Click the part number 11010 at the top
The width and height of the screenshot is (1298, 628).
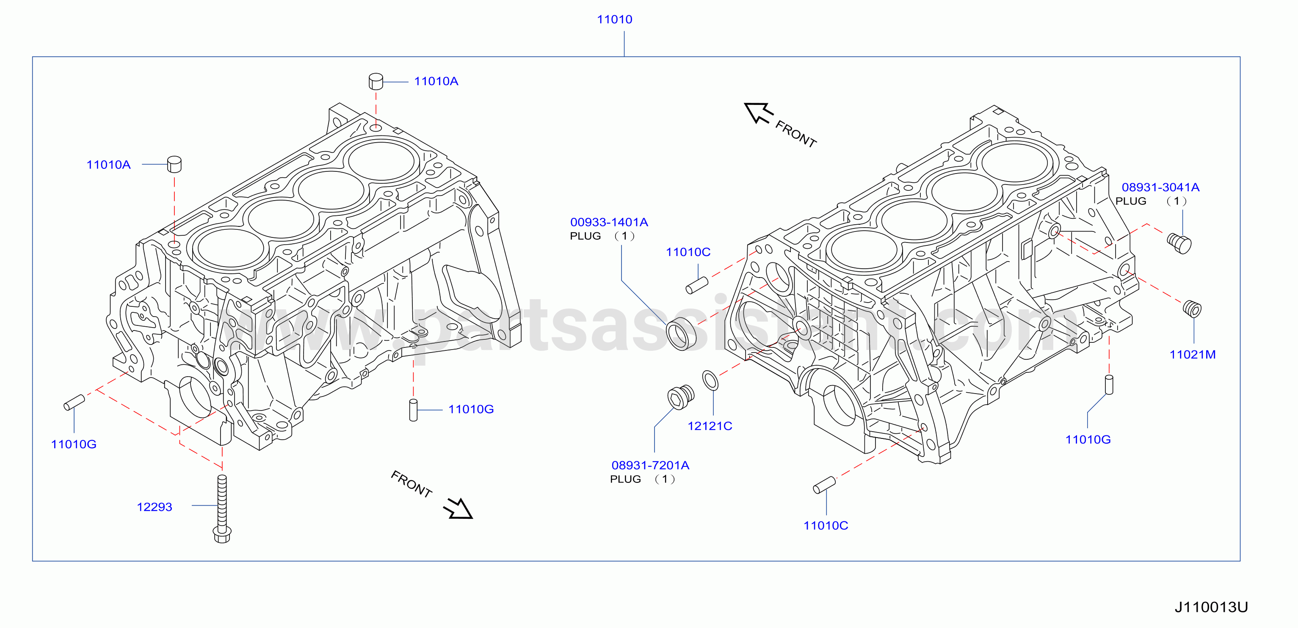(614, 19)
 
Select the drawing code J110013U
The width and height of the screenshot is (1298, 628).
(1211, 607)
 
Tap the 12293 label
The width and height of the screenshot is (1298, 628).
(155, 507)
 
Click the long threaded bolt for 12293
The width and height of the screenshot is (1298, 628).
(222, 509)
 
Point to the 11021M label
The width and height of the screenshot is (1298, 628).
(1192, 355)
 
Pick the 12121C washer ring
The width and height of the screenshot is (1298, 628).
(710, 380)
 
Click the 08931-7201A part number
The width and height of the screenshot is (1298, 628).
(650, 465)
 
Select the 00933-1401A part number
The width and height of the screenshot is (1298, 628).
(609, 222)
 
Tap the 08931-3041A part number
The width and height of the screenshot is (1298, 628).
(1160, 187)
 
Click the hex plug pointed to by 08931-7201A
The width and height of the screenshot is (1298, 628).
(681, 397)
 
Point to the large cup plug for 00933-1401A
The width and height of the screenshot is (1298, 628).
(681, 334)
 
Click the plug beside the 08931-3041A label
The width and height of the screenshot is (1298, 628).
(1179, 243)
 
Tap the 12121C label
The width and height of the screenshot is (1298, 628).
(710, 426)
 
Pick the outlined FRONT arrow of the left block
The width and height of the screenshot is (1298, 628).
(458, 508)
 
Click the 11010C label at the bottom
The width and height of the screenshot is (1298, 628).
(826, 526)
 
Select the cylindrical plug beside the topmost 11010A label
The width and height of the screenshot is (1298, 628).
(376, 81)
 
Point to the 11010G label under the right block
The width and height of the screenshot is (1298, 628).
(1088, 440)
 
